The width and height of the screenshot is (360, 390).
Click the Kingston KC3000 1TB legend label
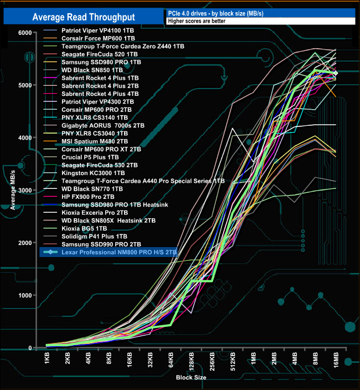tap(86, 173)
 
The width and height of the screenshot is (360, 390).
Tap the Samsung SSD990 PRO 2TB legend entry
tap(94, 244)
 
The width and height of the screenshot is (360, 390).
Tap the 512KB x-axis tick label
tap(233, 365)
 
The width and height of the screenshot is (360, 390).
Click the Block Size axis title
tap(191, 377)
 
